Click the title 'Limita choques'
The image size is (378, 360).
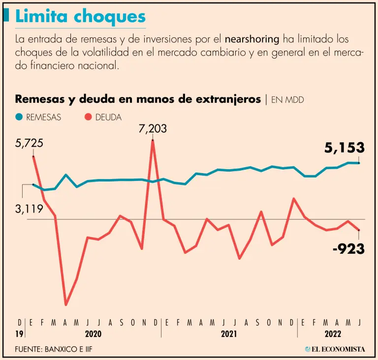[x=81, y=17]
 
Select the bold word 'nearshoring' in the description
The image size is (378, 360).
[x=252, y=39]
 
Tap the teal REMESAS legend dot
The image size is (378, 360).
[x=19, y=117]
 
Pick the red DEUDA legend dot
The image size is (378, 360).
[x=89, y=117]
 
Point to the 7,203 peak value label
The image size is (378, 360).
[x=153, y=129]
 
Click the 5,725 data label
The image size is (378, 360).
[x=29, y=144]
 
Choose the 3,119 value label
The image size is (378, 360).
[x=29, y=209]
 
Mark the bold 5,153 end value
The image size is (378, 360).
[x=345, y=148]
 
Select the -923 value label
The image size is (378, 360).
[x=348, y=249]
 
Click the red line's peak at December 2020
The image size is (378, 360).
[x=153, y=141]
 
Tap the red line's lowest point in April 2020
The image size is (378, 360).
[x=66, y=304]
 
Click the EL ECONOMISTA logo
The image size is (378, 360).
[x=335, y=349]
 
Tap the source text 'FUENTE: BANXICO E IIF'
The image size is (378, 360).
[x=54, y=349]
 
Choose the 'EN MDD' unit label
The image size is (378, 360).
[x=287, y=100]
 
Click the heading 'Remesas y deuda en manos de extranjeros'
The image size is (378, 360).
[x=138, y=99]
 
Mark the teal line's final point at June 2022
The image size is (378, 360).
[x=359, y=163]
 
